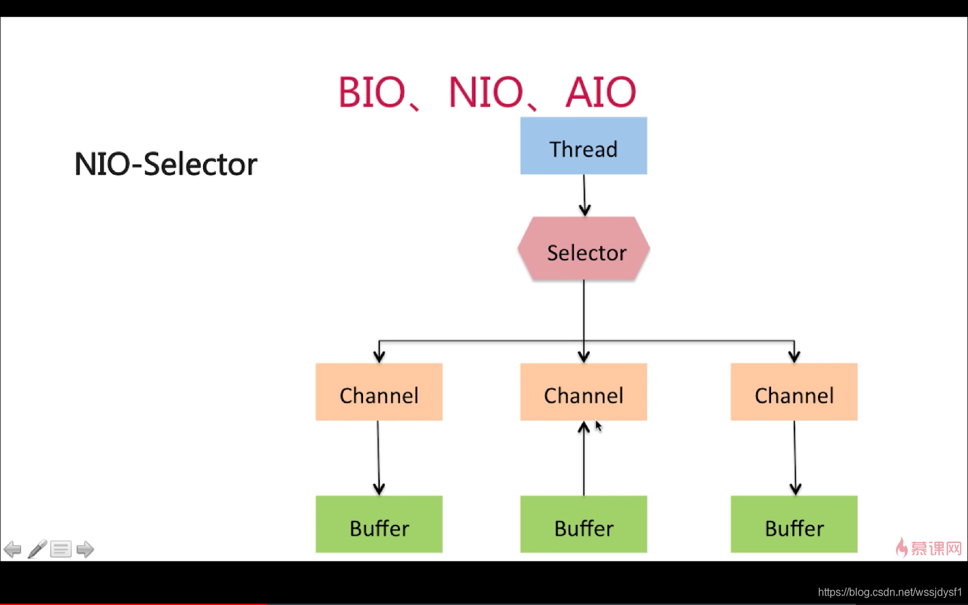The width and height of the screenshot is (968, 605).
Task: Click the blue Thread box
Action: coord(583,146)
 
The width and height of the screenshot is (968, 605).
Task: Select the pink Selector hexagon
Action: coord(583,249)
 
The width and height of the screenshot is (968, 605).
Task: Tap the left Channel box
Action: coord(379,392)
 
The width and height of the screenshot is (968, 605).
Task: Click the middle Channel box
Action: coord(583,392)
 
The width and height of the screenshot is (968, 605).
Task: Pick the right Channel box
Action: coord(794,392)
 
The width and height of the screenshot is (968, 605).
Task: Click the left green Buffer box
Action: coord(379,524)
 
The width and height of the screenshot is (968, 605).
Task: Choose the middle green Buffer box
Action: coord(583,524)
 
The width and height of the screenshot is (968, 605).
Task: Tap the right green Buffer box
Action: coord(794,524)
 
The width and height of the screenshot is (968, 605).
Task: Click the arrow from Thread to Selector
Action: coord(584,196)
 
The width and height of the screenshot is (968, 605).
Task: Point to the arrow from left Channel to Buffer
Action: coord(378,458)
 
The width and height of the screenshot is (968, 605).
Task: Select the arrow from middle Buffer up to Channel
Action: coord(583,458)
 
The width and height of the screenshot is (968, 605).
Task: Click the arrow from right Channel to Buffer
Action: coord(795,458)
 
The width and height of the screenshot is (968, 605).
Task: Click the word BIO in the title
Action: coord(371,92)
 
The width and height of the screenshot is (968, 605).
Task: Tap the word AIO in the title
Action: coord(601,92)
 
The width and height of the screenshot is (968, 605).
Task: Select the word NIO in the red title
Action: coord(486,92)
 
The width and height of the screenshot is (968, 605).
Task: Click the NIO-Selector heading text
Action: coord(165,164)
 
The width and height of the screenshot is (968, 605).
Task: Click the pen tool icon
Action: coord(37,549)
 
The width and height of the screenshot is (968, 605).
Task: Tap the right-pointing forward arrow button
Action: coord(85,549)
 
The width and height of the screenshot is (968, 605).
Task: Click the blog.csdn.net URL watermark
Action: coord(890,592)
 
